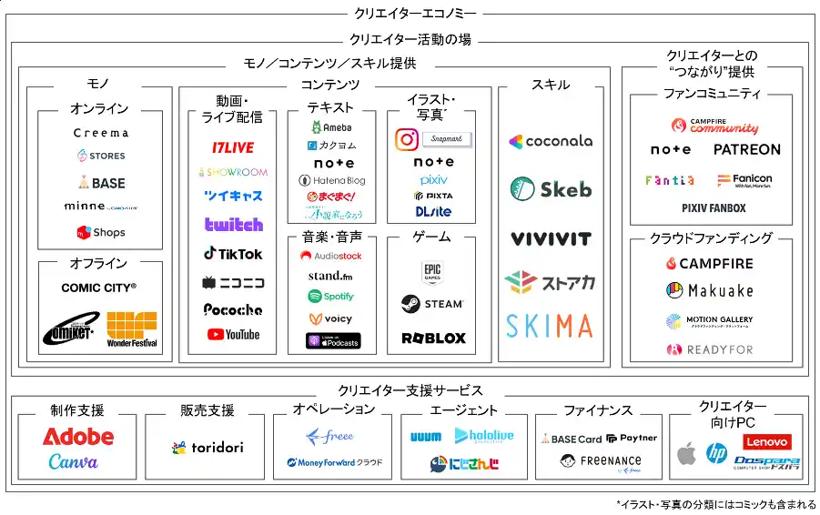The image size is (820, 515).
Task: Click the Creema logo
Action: pyautogui.click(x=101, y=133)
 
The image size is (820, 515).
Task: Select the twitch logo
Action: pyautogui.click(x=234, y=225)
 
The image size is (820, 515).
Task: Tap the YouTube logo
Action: pyautogui.click(x=233, y=335)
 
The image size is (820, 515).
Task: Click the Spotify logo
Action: pyautogui.click(x=331, y=297)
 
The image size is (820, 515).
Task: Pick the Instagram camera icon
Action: pyautogui.click(x=407, y=139)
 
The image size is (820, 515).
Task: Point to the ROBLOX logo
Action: pyautogui.click(x=433, y=338)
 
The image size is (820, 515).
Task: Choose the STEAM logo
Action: pyautogui.click(x=432, y=303)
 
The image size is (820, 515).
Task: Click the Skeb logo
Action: pyautogui.click(x=551, y=189)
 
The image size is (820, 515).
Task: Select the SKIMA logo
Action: pyautogui.click(x=550, y=326)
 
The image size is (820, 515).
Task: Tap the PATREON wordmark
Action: pyautogui.click(x=746, y=149)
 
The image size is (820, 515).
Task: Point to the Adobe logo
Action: pyautogui.click(x=78, y=437)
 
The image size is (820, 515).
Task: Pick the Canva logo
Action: pyautogui.click(x=74, y=462)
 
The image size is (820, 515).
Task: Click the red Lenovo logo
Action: pyautogui.click(x=767, y=442)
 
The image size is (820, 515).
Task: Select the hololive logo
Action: pyautogui.click(x=483, y=436)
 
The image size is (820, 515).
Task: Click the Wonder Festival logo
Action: pyautogui.click(x=132, y=330)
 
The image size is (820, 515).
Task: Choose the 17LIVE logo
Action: pyautogui.click(x=233, y=147)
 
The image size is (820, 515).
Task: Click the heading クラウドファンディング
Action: pyautogui.click(x=711, y=238)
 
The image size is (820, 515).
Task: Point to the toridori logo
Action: pyautogui.click(x=207, y=448)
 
